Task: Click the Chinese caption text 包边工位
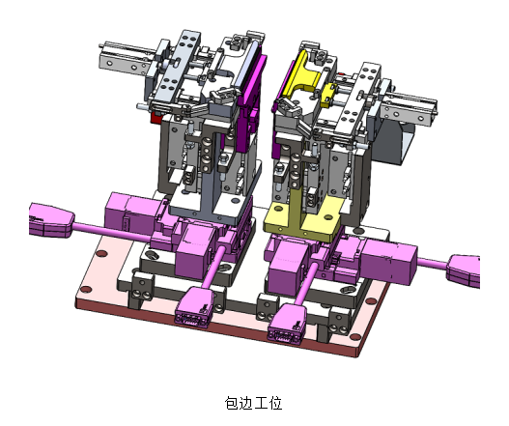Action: (253, 403)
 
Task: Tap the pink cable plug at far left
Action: (51, 220)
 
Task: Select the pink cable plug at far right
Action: (464, 270)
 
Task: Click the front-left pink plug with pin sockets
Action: (193, 306)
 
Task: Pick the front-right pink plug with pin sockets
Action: (287, 323)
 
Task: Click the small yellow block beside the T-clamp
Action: (329, 94)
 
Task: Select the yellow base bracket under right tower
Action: (302, 216)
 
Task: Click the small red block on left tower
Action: (156, 117)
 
